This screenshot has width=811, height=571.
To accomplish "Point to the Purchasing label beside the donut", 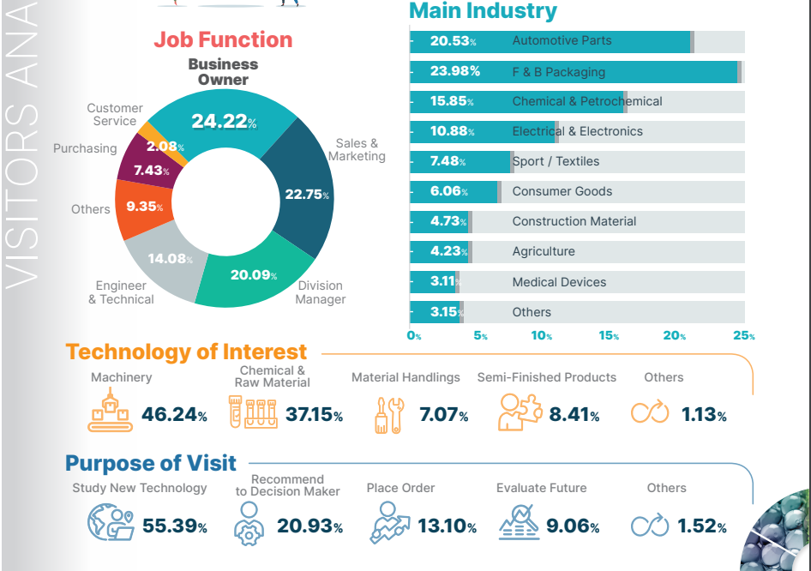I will (x=85, y=148).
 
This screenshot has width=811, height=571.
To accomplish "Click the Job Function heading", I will (x=223, y=39).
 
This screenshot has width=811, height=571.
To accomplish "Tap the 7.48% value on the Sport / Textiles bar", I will (x=449, y=161).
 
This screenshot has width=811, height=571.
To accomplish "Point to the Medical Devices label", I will (x=559, y=282).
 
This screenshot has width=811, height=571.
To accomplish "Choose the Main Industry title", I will (x=483, y=11).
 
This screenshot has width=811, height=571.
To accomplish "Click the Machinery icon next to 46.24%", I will (x=111, y=410).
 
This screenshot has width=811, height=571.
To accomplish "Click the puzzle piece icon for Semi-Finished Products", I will (x=520, y=412).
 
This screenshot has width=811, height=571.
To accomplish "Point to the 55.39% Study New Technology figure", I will (x=175, y=526).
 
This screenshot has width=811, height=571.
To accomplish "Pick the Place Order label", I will (x=400, y=488).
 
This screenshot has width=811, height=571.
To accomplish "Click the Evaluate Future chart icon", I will (x=519, y=522).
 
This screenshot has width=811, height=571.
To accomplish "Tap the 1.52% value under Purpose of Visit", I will (x=702, y=526).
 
